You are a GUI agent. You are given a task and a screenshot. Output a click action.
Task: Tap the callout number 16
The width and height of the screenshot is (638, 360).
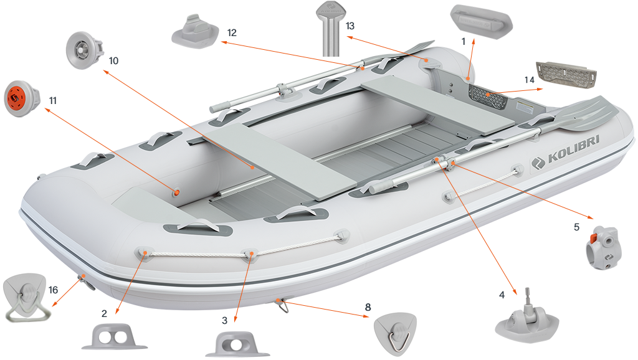click(53, 290)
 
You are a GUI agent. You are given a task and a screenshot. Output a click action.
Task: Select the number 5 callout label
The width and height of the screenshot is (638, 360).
click(576, 227)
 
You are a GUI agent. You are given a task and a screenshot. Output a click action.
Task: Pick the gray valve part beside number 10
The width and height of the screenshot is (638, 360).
click(83, 47)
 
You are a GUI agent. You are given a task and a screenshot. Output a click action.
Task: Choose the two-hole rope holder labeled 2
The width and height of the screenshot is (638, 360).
click(113, 336)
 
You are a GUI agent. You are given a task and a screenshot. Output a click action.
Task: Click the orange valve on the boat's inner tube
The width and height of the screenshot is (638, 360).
click(178, 192)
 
